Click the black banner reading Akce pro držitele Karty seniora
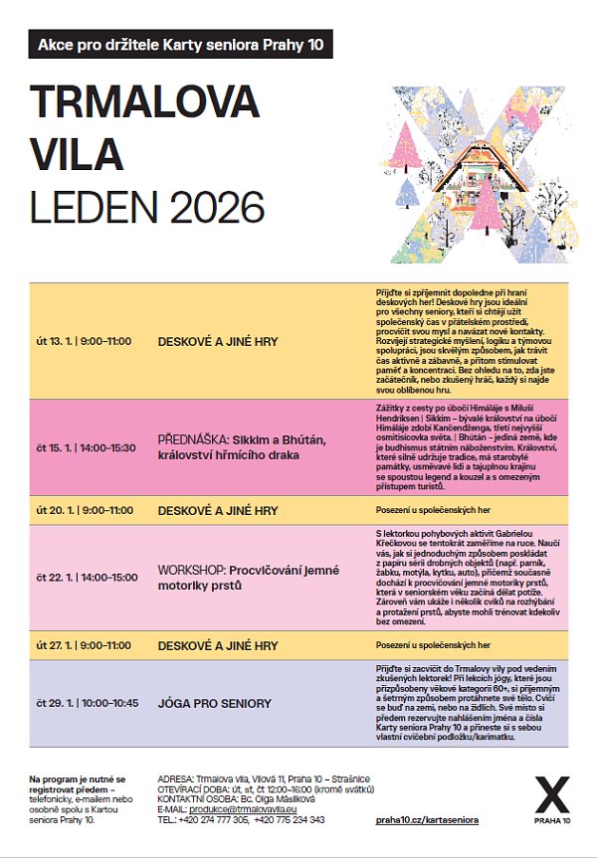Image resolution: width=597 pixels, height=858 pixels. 180,45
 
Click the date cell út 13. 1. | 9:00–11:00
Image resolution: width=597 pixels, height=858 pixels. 84,341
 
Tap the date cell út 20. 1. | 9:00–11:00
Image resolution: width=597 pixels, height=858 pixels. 84,510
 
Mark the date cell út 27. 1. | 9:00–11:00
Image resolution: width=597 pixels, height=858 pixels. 84,645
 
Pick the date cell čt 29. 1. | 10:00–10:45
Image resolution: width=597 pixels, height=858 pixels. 86,703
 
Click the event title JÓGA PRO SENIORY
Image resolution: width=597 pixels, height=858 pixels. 214,703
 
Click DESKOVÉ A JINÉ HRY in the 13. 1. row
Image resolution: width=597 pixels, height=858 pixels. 217,341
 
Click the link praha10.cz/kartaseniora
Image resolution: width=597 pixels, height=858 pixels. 428,820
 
